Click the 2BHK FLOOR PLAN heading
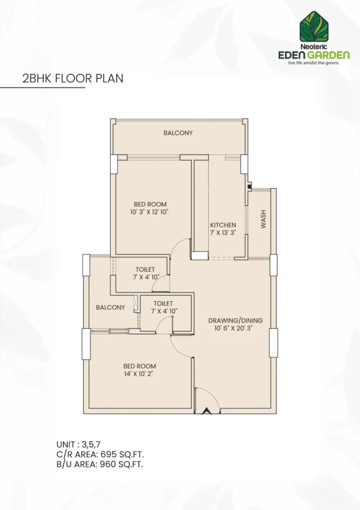pos(73,78)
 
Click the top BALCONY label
pos(178,133)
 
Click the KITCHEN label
pos(223,225)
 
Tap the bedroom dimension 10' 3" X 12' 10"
pos(150,212)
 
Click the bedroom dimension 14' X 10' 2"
pos(140,374)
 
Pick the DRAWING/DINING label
pos(235,321)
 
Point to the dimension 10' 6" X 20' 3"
pos(235,328)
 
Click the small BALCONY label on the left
pos(110,307)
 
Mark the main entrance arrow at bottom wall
pos(205,412)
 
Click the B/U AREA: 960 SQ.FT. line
pos(99,465)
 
